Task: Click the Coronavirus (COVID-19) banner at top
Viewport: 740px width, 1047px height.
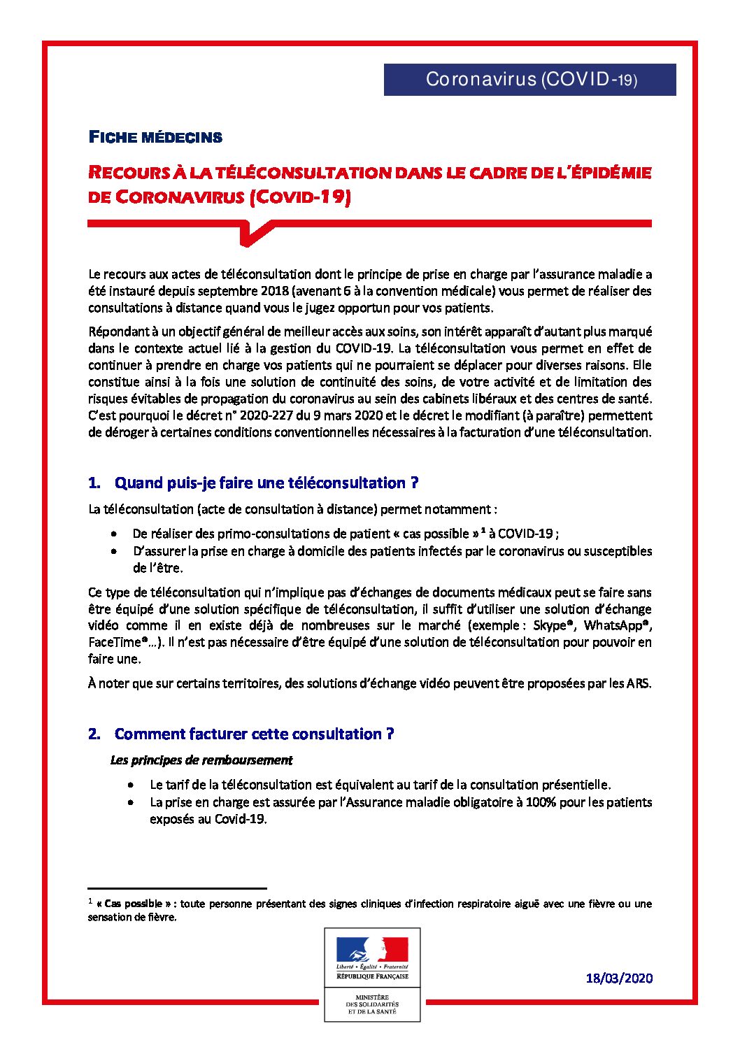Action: [x=529, y=79]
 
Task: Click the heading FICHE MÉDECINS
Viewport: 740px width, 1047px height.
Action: [x=155, y=137]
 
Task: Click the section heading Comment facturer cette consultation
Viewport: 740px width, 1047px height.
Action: [x=254, y=734]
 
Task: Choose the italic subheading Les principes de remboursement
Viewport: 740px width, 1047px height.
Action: [x=201, y=760]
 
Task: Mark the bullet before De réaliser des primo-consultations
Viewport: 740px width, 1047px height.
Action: [x=114, y=534]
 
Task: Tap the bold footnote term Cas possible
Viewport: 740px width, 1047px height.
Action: [x=135, y=904]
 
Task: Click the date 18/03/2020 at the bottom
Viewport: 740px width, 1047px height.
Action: [x=619, y=978]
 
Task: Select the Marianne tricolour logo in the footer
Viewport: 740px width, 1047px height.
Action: [x=372, y=950]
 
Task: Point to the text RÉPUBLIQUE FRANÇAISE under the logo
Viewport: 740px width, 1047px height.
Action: [x=372, y=976]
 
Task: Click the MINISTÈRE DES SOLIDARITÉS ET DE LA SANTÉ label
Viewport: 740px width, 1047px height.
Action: [x=372, y=1004]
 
